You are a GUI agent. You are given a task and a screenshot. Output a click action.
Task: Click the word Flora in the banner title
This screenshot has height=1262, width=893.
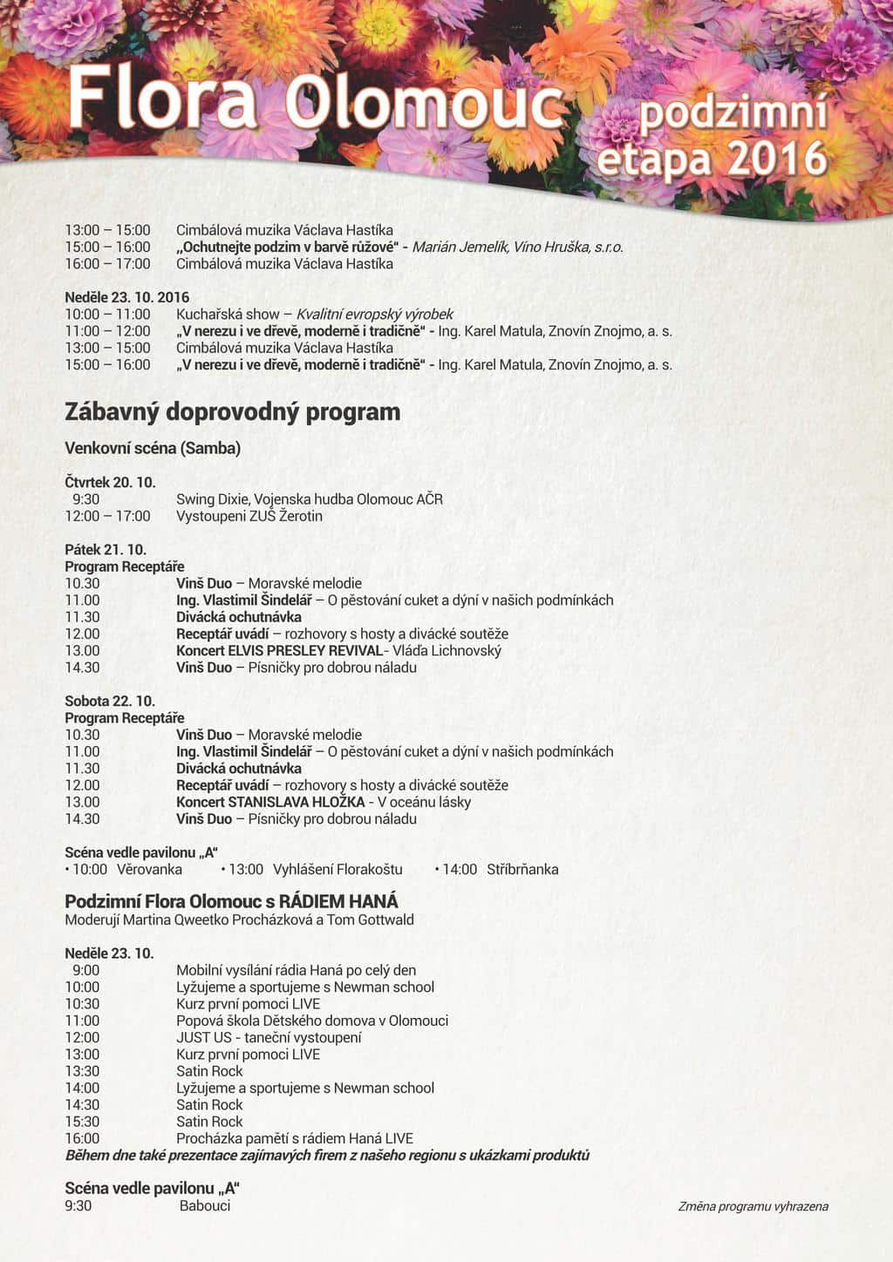[162, 98]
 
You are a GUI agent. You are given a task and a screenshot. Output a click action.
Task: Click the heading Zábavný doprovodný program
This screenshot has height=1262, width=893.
[232, 411]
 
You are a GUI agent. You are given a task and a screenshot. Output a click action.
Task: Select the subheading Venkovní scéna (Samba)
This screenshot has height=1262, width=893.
[153, 448]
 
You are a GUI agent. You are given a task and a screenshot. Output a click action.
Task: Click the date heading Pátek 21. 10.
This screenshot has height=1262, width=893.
[106, 549]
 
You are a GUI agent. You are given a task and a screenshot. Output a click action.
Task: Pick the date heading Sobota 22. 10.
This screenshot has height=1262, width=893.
[110, 701]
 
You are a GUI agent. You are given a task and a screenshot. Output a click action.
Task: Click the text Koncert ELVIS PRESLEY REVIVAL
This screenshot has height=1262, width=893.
[279, 650]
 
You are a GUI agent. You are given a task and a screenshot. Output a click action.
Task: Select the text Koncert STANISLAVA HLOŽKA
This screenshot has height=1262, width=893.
[270, 802]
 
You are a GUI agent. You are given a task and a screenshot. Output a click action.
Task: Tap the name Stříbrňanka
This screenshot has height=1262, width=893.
[522, 869]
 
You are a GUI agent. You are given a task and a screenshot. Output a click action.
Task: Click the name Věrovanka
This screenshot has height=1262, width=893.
[149, 869]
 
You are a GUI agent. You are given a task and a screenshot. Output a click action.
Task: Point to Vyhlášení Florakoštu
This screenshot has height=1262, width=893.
[337, 869]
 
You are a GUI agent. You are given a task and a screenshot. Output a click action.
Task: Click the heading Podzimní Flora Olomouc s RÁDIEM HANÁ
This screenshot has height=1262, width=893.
[231, 901]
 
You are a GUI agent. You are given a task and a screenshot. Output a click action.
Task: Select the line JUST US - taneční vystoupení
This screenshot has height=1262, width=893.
[269, 1037]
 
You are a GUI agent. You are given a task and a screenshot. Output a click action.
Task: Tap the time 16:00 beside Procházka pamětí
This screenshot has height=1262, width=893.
[82, 1138]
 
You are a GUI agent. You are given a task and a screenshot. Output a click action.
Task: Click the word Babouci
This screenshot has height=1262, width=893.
[205, 1205]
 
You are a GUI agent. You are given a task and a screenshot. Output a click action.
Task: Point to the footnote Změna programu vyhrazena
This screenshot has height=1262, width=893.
[753, 1206]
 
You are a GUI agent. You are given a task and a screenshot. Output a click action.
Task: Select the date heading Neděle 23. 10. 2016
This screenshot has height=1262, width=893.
[126, 297]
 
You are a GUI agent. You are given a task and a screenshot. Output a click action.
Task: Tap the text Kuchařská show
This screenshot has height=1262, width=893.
[228, 314]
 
